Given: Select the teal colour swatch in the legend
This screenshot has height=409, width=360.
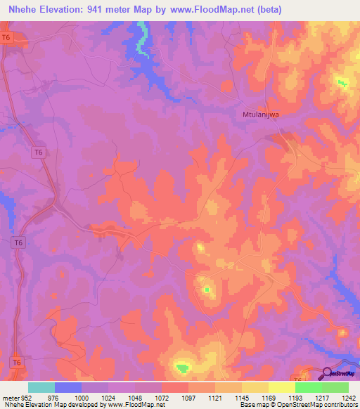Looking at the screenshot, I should pyautogui.click(x=41, y=387).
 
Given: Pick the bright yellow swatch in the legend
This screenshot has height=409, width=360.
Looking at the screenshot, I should pyautogui.click(x=281, y=387).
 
